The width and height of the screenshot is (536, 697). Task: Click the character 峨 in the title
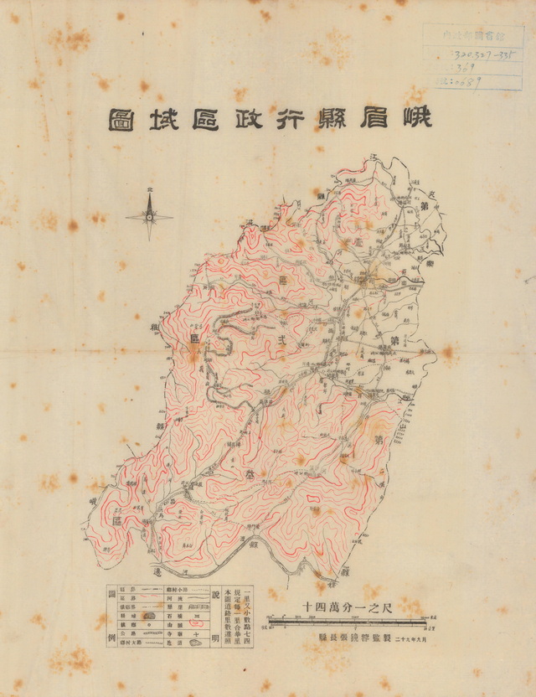(x=417, y=118)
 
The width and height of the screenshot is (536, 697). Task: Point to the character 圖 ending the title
(x=119, y=120)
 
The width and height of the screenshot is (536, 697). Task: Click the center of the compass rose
(x=150, y=217)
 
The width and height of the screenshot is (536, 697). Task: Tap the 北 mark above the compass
(x=150, y=190)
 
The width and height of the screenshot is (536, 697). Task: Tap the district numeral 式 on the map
(x=281, y=336)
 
